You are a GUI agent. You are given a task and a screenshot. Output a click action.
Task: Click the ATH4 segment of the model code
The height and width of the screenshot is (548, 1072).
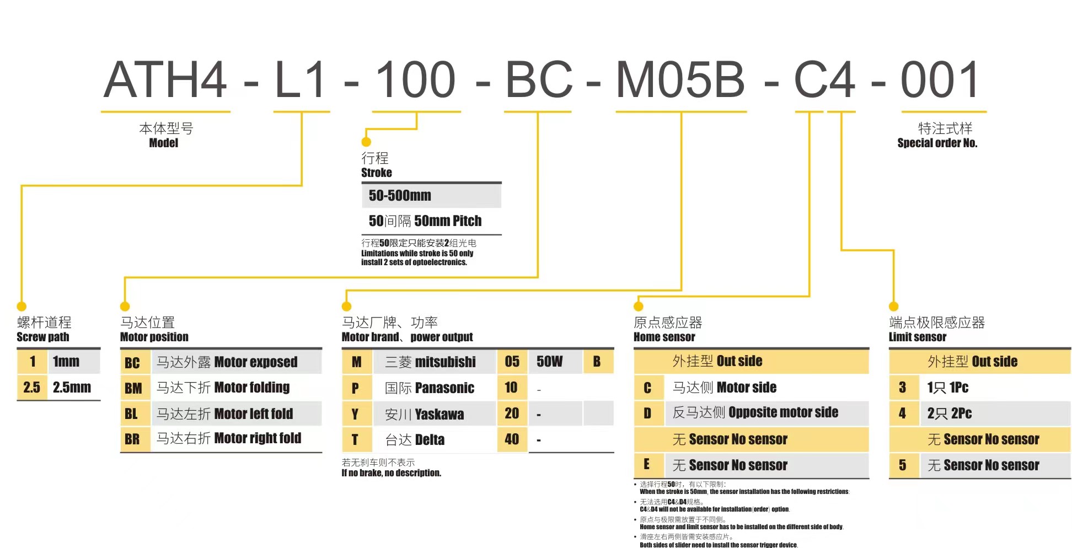(165, 79)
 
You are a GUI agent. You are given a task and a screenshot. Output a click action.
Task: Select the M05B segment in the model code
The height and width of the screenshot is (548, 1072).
(680, 79)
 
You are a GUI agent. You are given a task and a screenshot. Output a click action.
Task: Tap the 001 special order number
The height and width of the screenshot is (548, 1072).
(940, 79)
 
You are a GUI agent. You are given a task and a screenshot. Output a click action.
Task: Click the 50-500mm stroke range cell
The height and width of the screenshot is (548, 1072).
(400, 196)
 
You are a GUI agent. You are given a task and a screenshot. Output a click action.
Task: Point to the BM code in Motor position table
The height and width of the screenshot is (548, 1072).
(133, 388)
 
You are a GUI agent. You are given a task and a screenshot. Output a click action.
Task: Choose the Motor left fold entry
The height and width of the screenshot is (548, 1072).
(253, 413)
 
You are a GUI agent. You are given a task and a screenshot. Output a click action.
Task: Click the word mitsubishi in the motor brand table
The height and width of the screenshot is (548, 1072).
(445, 362)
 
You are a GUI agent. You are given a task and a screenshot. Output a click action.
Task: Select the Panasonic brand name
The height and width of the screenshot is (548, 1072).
(444, 388)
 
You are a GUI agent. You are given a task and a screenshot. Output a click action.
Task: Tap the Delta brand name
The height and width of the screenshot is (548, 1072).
(430, 439)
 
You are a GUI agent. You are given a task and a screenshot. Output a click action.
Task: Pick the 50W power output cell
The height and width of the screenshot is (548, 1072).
(549, 362)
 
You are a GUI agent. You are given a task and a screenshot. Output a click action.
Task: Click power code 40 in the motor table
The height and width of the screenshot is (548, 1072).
(512, 439)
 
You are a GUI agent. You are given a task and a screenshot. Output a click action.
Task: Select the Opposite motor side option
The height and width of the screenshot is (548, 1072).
(783, 412)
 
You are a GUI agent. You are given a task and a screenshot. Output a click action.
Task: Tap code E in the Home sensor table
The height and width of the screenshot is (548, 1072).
(647, 464)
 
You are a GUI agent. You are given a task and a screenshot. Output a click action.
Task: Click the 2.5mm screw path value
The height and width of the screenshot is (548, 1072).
(72, 387)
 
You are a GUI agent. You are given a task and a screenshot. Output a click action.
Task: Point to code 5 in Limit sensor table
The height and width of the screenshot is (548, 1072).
(902, 465)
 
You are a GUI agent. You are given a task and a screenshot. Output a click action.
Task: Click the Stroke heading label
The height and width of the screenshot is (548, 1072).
(377, 173)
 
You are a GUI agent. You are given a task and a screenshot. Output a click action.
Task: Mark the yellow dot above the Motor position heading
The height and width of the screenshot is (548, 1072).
(125, 307)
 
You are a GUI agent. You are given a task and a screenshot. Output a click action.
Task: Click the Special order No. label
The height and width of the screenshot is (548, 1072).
(937, 143)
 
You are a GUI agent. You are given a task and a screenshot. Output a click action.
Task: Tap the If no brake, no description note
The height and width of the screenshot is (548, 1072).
(391, 473)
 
